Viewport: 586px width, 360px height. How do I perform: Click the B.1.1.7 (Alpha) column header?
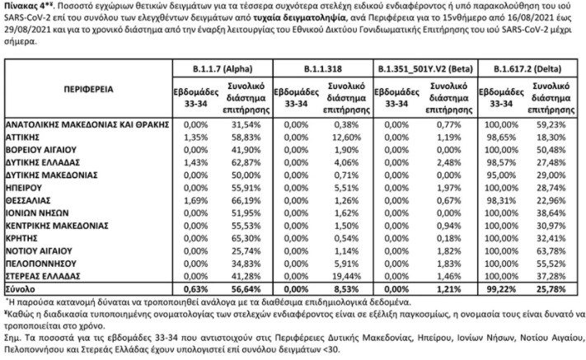point(223,69)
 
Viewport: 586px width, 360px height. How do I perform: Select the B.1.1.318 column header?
point(323,69)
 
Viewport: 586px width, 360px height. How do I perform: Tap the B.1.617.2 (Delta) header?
point(527,69)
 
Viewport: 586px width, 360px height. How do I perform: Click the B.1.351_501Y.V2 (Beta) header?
point(425,69)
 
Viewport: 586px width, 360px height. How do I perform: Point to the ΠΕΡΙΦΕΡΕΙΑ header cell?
point(88,89)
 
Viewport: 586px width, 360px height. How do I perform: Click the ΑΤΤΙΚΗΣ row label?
point(22,138)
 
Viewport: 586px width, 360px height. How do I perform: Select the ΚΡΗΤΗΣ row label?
point(21,238)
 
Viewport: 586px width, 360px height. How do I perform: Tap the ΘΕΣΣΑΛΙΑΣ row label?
point(28,200)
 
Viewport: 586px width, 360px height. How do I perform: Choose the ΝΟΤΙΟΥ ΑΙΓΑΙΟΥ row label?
point(39,251)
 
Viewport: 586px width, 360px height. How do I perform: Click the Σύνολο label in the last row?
point(20,289)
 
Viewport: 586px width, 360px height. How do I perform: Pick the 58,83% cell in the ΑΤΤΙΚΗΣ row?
point(246,138)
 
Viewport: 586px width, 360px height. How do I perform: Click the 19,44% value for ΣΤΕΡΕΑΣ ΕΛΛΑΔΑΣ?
point(346,276)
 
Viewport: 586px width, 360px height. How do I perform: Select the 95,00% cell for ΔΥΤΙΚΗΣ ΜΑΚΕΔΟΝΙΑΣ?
point(501,175)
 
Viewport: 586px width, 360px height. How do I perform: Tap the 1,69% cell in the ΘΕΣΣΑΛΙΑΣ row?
point(195,200)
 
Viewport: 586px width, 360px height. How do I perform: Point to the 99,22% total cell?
point(501,289)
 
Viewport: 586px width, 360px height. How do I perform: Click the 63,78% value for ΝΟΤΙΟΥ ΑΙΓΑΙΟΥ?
point(551,251)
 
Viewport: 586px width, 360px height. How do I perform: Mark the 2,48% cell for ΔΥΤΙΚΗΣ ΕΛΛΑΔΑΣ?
point(448,162)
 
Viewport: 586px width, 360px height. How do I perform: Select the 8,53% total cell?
point(346,289)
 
